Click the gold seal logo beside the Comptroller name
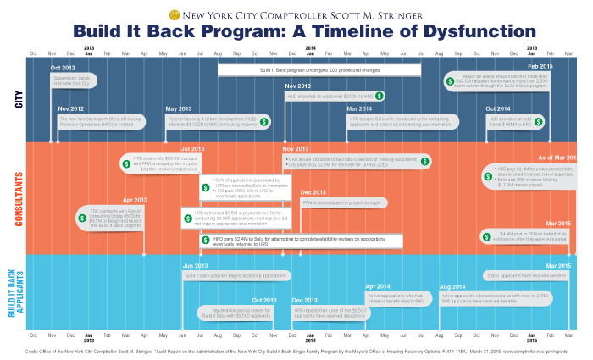tap(175, 14)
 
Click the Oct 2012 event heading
tap(63, 68)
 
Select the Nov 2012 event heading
tap(70, 109)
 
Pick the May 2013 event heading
tap(178, 109)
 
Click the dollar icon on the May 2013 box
tap(264, 122)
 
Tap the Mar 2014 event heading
tap(359, 109)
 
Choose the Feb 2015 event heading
tap(541, 66)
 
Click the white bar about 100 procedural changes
tap(319, 69)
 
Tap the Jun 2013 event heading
tap(194, 266)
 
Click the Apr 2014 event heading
tap(377, 287)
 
